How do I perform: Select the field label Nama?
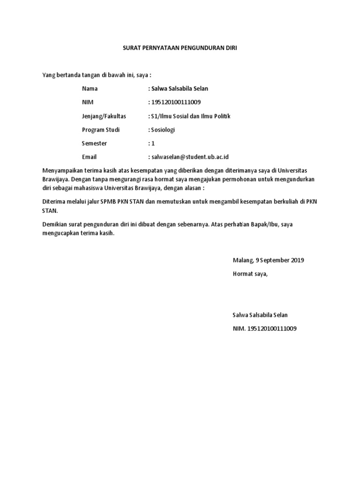(90, 89)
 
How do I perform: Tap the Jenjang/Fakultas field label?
(104, 116)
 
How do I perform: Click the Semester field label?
(94, 143)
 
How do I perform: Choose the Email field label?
(89, 157)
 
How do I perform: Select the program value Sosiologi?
(162, 129)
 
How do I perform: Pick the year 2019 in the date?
(298, 260)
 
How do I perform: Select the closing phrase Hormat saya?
(250, 274)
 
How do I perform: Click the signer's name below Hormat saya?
(260, 315)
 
